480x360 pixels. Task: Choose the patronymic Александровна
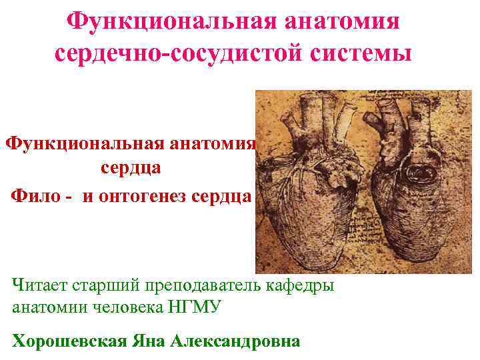(235, 341)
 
